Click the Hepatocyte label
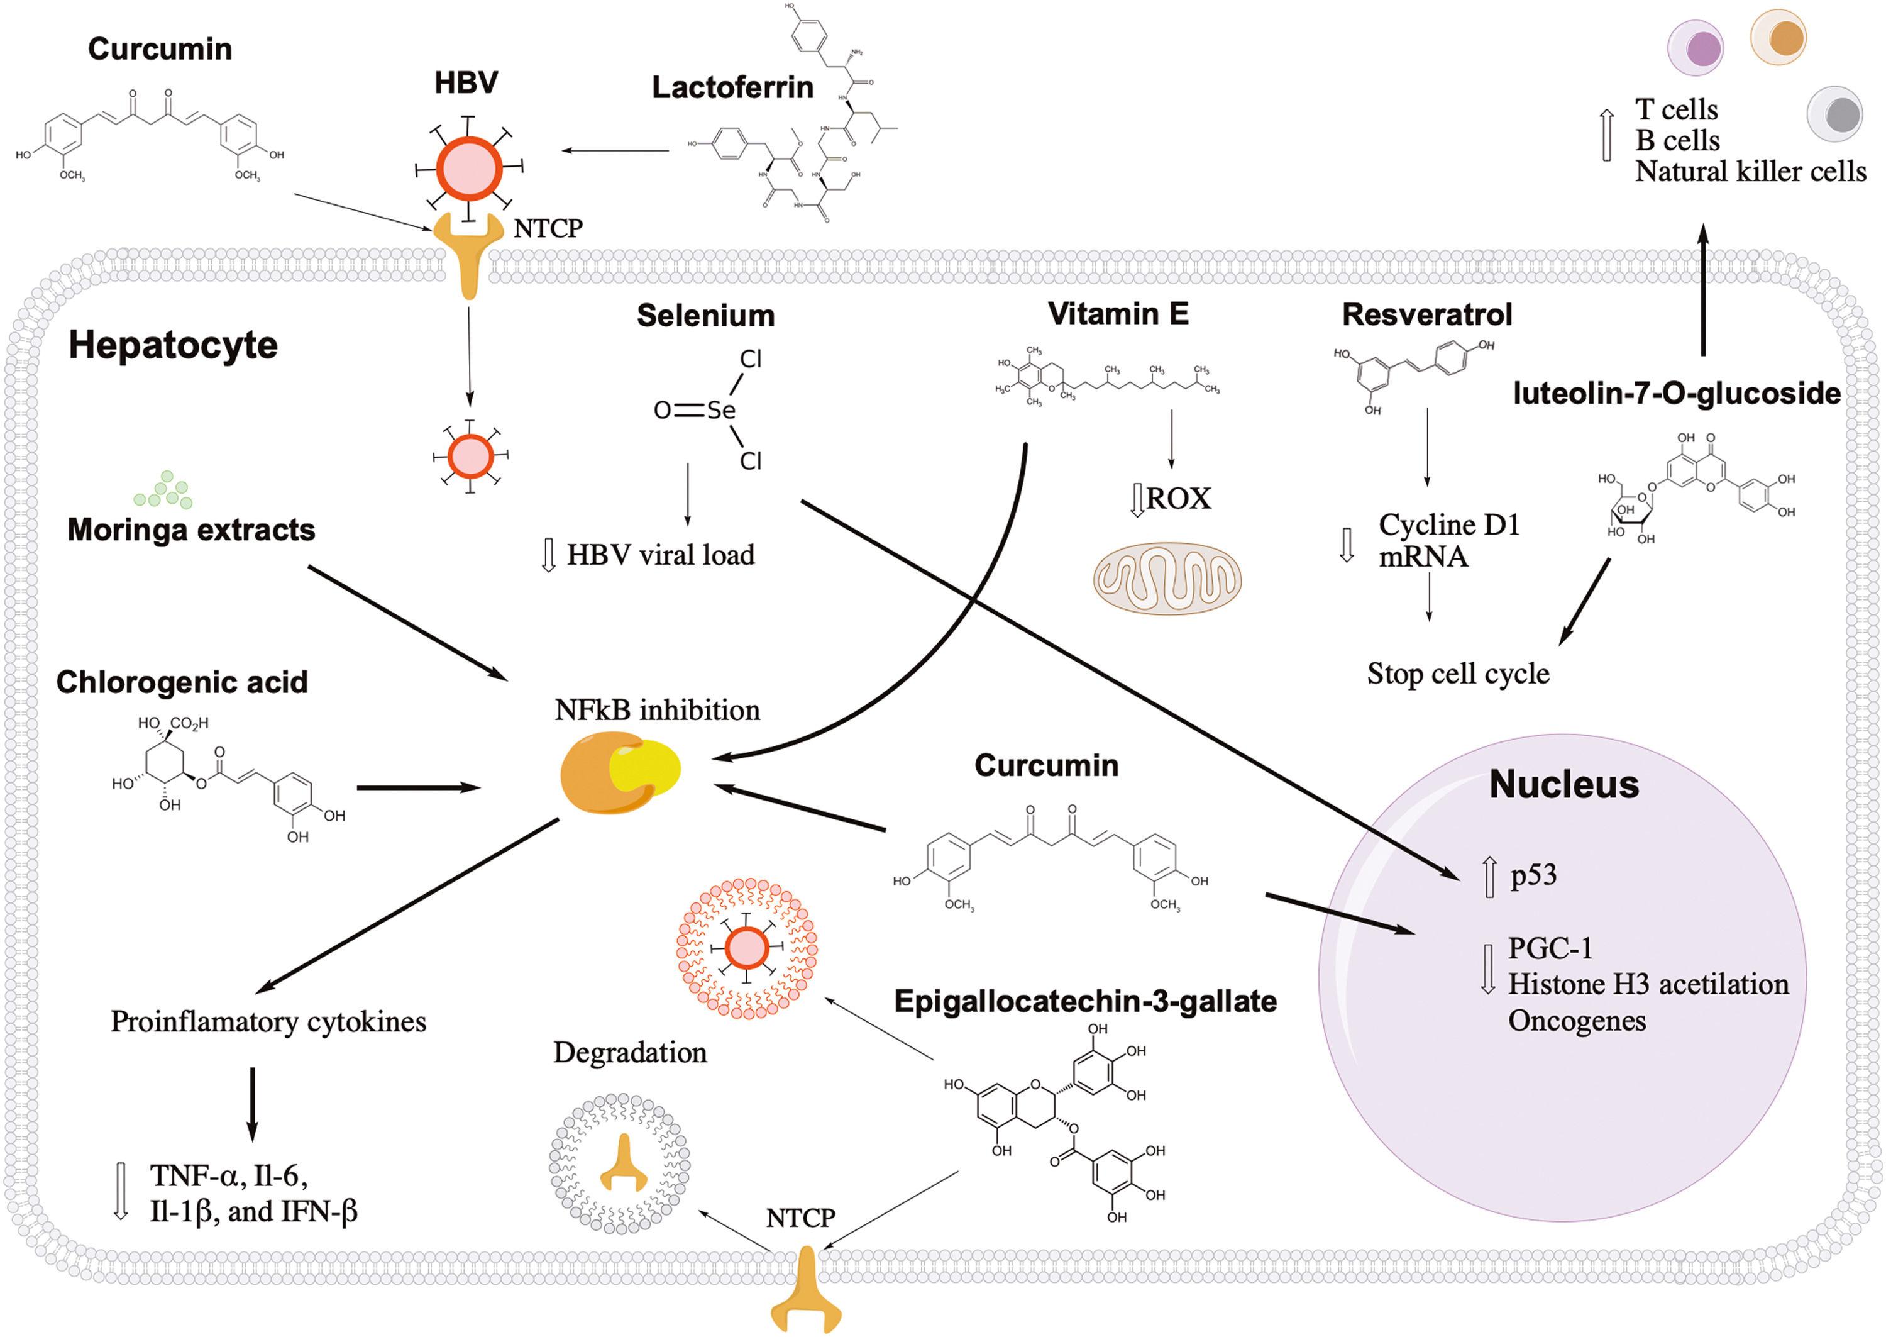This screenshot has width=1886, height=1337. pos(173,346)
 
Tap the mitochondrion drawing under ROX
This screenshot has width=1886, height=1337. pos(1167,578)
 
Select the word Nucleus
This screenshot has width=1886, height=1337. pos(1563,785)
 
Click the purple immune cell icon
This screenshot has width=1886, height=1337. pos(1695,48)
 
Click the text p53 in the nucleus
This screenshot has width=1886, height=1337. pos(1533,874)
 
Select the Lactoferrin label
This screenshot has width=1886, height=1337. pos(732,87)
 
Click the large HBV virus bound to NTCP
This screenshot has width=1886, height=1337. pos(468,168)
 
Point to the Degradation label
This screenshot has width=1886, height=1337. pos(629,1052)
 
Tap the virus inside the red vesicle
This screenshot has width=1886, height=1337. pos(746,948)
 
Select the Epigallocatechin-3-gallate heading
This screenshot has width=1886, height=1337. pos(1084,1001)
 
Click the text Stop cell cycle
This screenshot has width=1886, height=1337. pos(1457,674)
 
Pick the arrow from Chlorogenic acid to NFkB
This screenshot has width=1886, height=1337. pos(418,788)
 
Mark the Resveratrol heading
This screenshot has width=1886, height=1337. pos(1427,314)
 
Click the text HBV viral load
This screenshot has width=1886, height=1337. pos(660,555)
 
